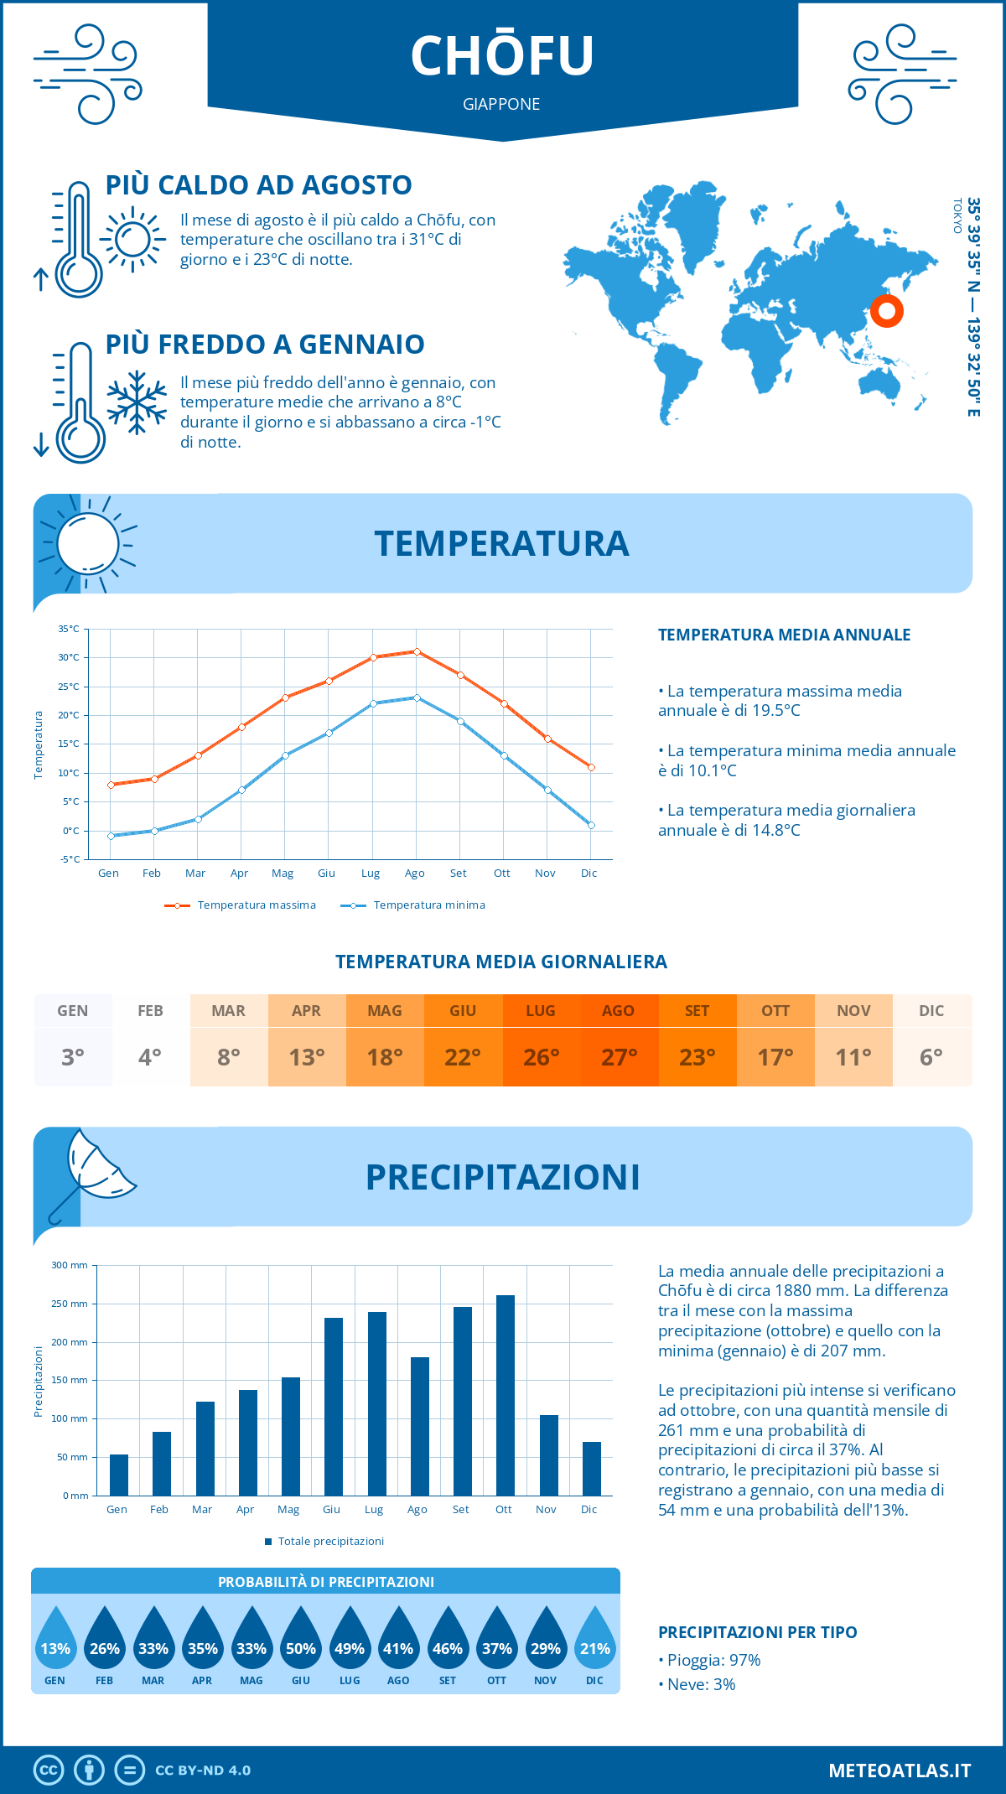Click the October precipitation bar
505,1395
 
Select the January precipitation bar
119,1475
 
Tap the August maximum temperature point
417,651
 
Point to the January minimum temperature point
111,836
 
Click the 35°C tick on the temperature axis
69,629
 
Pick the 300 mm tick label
70,1265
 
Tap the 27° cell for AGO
619,1056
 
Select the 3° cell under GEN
73,1056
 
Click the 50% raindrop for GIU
301,1640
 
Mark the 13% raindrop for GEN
55,1640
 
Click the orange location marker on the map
886,311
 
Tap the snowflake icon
137,402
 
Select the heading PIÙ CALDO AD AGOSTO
259,185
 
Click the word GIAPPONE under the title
501,104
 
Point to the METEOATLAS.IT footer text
900,1770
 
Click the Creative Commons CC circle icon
49,1770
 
